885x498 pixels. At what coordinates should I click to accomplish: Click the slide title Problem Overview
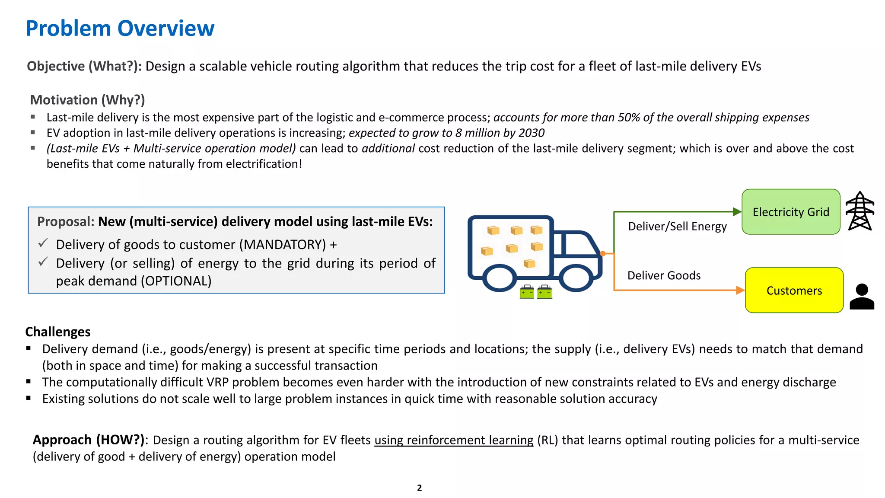click(120, 29)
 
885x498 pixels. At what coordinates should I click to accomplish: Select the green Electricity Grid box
click(790, 212)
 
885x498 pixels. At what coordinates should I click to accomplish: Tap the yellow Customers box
click(794, 290)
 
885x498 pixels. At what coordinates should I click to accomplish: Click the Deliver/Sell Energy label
click(677, 227)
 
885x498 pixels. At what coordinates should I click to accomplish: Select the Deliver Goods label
click(664, 275)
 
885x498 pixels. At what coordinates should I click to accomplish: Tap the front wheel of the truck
click(576, 278)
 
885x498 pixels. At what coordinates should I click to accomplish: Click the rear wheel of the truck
click(500, 278)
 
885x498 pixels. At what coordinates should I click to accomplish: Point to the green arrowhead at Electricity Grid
click(737, 212)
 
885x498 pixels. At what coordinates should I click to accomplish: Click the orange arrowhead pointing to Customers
click(740, 290)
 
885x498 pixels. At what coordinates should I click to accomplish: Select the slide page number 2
click(419, 488)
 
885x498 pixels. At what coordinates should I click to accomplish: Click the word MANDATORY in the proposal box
click(285, 245)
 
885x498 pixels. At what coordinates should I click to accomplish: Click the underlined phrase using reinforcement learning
click(454, 440)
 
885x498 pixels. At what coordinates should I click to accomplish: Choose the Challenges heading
click(58, 332)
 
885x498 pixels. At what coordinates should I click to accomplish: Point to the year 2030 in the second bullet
click(531, 133)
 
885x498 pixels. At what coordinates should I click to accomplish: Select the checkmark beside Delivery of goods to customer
click(43, 243)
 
